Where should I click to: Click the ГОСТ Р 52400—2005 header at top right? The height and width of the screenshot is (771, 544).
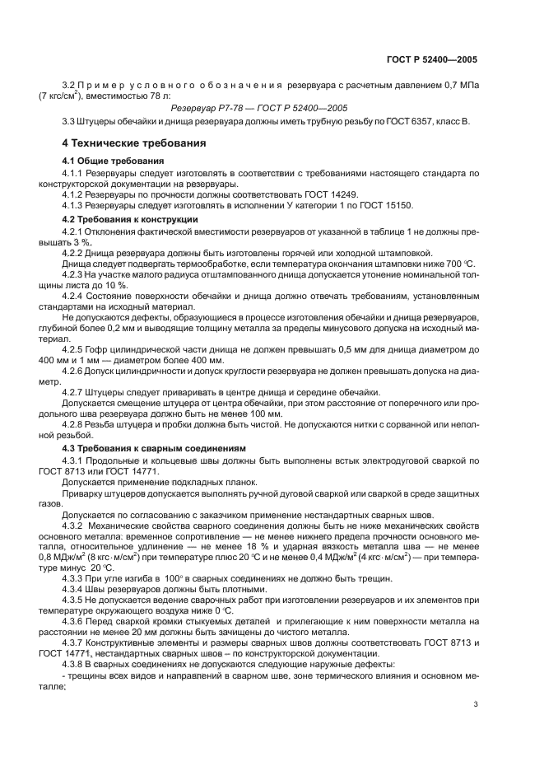click(437, 60)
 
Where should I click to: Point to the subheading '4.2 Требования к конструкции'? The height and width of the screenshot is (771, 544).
click(130, 220)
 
